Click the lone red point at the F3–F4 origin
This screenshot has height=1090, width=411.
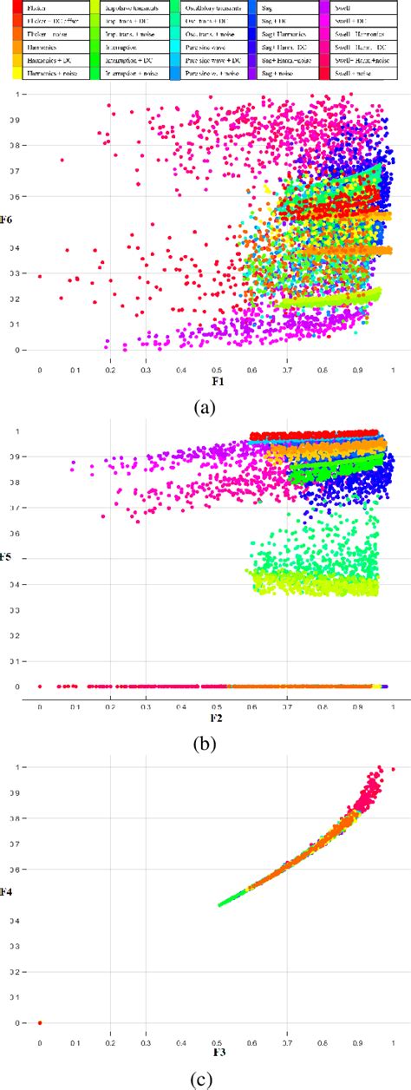click(x=40, y=1023)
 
